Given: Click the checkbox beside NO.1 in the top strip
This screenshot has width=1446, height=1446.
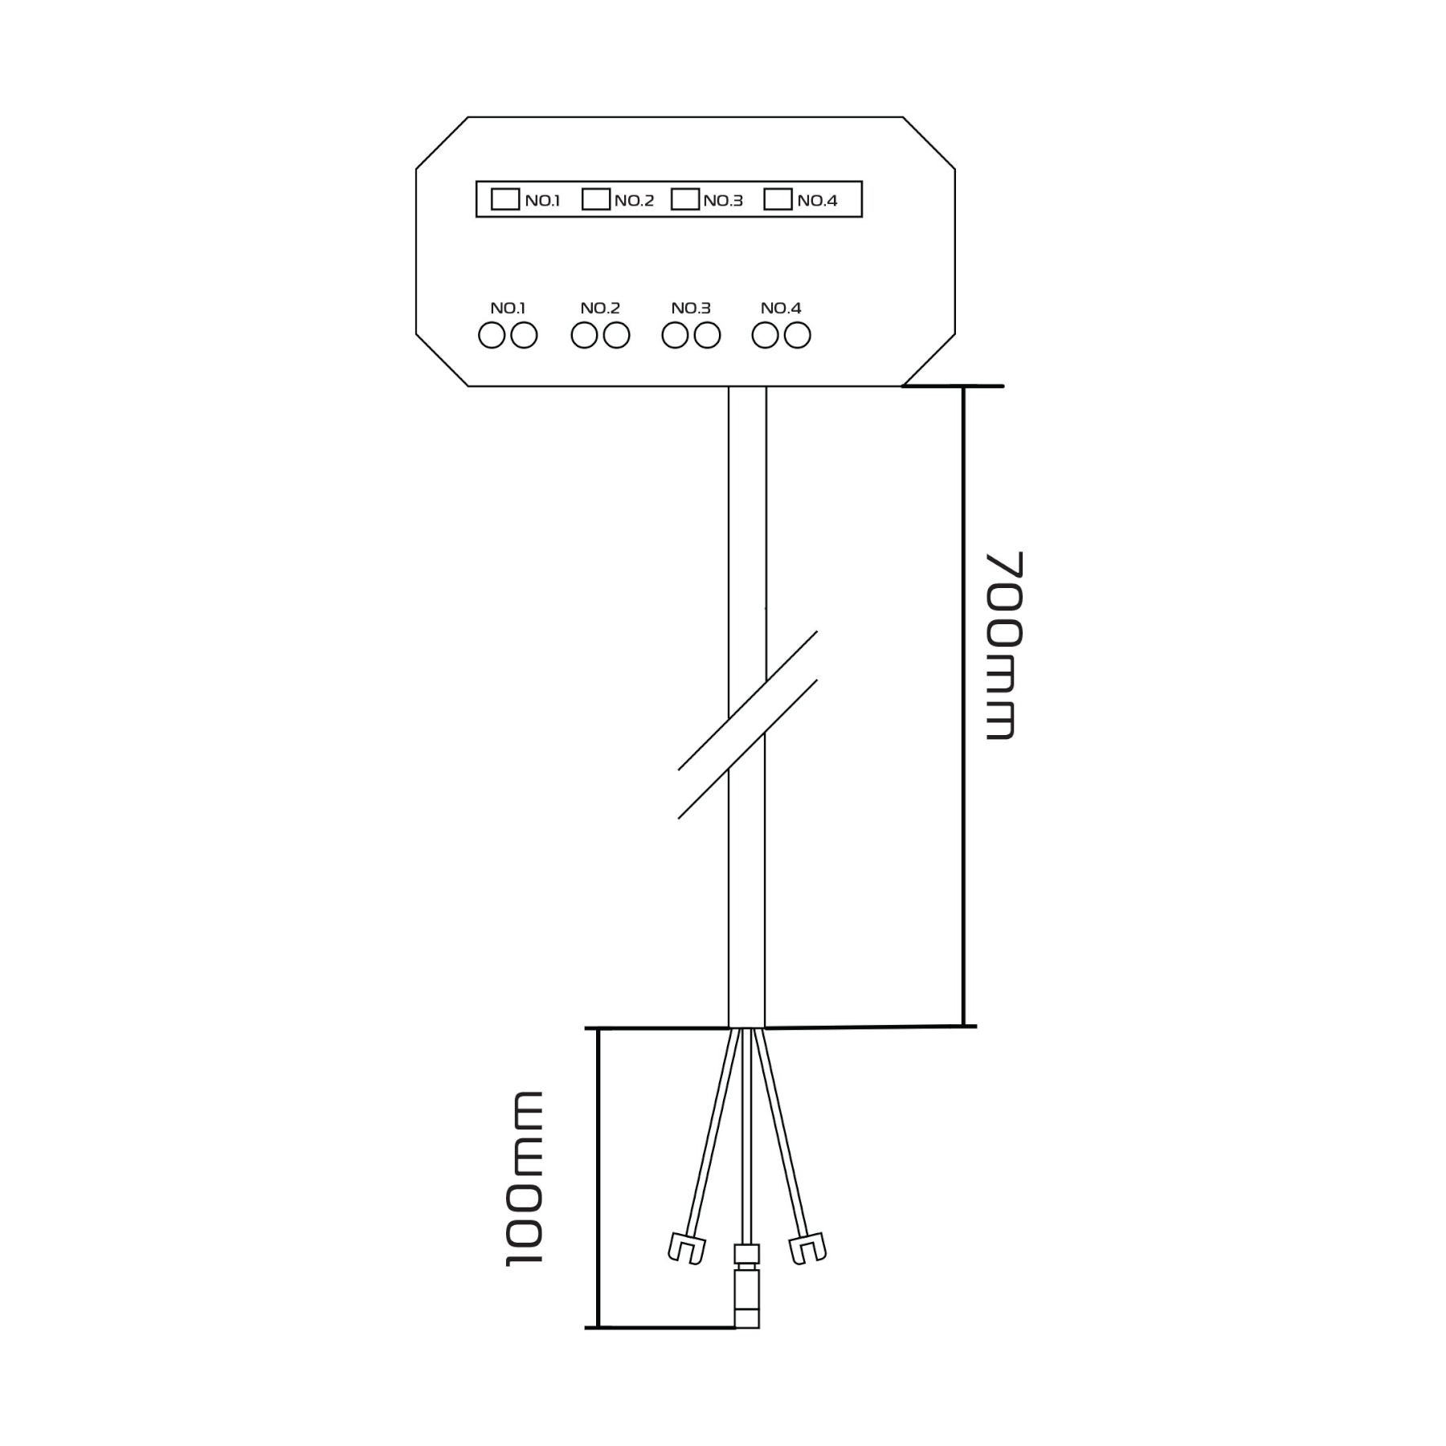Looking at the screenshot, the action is tap(504, 199).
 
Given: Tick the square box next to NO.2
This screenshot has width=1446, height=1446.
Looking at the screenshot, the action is tap(595, 199).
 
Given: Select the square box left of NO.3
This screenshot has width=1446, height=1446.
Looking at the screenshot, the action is tap(684, 199).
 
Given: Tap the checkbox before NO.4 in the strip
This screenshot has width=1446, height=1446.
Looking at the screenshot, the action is tap(778, 199).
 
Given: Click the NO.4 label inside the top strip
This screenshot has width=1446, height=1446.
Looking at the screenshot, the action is tap(817, 201).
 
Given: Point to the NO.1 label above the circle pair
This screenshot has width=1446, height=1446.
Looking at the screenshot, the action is tap(508, 308).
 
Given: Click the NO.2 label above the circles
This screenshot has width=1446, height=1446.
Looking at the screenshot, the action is tap(600, 308).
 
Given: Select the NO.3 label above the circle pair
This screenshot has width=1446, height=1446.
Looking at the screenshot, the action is tap(691, 308).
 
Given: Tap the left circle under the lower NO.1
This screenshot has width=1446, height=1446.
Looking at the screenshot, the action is tap(492, 335).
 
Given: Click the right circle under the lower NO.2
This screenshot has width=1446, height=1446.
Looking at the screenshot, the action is tap(616, 335).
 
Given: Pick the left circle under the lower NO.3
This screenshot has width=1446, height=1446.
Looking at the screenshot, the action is tap(675, 335).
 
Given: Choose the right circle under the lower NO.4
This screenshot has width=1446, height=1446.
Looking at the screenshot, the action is tap(797, 335).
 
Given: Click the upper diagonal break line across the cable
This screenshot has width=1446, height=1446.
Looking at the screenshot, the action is tap(748, 700).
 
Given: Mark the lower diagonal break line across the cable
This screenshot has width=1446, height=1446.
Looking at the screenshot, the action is tap(748, 749).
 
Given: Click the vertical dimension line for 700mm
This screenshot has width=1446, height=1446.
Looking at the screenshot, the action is tap(963, 706).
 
